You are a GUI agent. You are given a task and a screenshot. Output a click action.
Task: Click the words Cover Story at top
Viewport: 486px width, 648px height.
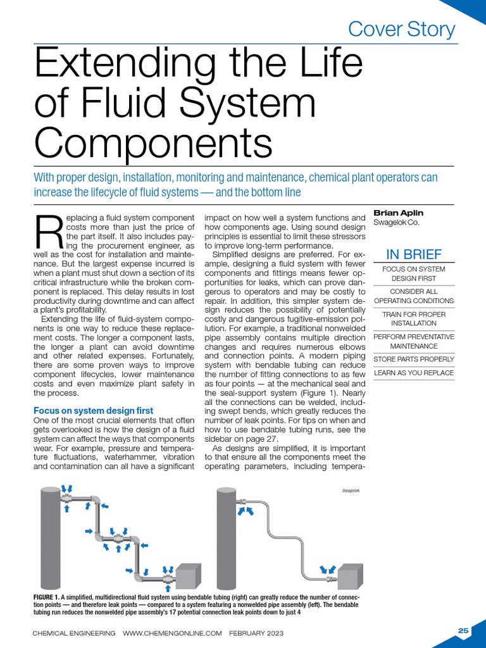(x=402, y=29)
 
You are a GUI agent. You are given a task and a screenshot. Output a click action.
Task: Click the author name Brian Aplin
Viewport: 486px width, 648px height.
(x=399, y=213)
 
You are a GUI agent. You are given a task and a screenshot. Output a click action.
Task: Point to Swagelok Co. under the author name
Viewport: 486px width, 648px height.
(x=396, y=223)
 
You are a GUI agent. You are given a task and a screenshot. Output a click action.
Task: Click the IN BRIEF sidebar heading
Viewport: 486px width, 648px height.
(x=414, y=254)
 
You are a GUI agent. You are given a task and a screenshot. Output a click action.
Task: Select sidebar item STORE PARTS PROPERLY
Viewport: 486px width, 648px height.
(x=414, y=359)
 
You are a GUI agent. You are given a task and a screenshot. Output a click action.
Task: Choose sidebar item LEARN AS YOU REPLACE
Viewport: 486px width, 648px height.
(x=414, y=373)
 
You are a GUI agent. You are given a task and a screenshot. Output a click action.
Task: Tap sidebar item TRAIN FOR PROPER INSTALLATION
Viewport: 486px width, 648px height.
(x=414, y=319)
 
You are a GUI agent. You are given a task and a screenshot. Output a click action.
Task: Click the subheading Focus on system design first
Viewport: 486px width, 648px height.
(x=93, y=411)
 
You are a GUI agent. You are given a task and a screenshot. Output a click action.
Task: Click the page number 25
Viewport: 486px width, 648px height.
(x=463, y=630)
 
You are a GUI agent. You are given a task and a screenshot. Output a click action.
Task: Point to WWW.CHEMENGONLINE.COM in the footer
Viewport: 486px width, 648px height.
(x=172, y=633)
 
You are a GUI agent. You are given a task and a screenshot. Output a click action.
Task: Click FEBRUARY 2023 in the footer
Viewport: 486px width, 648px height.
(x=256, y=633)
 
